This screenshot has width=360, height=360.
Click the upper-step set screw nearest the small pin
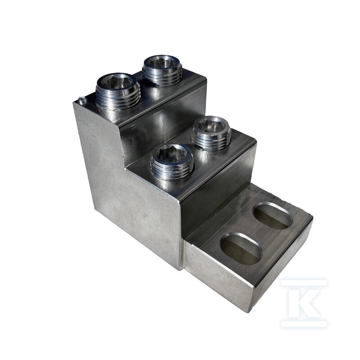[118, 91]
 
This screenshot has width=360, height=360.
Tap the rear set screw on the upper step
[162, 70]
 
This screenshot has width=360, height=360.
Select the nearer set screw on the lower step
[172, 162]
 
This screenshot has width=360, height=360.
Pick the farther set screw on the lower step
[211, 133]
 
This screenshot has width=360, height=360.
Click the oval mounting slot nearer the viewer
[241, 249]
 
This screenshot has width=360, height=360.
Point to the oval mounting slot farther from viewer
[273, 216]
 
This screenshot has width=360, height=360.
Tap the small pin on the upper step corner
[82, 100]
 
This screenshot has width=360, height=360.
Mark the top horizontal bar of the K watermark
[303, 283]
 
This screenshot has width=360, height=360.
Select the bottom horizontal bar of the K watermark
[303, 324]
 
